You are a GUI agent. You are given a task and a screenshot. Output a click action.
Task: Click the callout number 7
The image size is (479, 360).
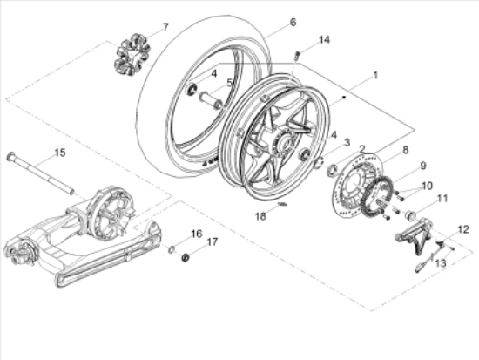pyautogui.click(x=166, y=30)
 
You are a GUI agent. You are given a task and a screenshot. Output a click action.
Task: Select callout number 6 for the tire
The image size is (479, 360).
pyautogui.click(x=268, y=22)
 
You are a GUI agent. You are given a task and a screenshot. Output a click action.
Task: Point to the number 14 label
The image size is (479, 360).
pyautogui.click(x=324, y=40)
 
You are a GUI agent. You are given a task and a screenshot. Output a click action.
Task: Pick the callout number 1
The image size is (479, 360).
pyautogui.click(x=375, y=76)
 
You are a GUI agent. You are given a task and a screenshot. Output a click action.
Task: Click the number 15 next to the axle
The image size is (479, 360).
pyautogui.click(x=59, y=153)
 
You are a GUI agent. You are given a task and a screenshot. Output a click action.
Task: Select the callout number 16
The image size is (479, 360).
pyautogui.click(x=196, y=234)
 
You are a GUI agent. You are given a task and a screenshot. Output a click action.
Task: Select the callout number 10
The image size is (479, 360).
pyautogui.click(x=426, y=185)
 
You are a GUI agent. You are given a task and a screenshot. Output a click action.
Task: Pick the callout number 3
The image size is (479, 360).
pyautogui.click(x=347, y=142)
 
